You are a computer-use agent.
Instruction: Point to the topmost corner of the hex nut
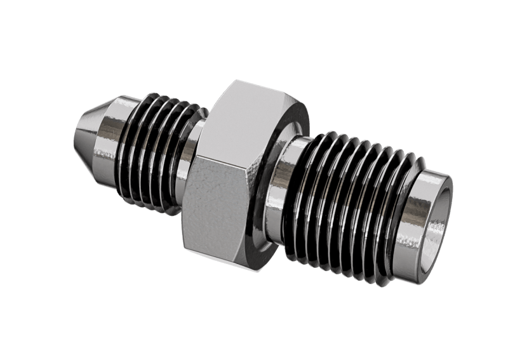click(x=235, y=81)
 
